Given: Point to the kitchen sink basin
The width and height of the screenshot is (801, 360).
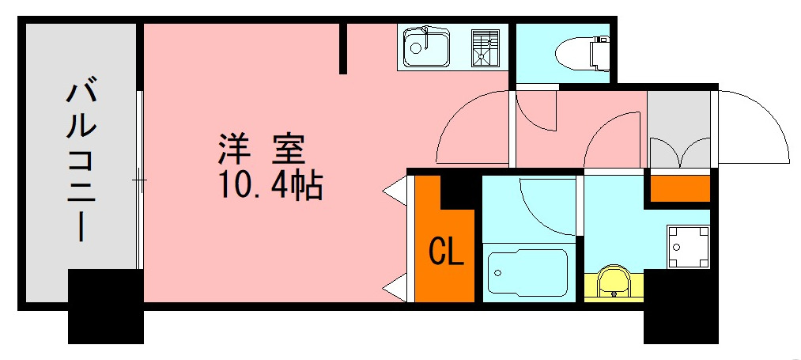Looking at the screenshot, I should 426,49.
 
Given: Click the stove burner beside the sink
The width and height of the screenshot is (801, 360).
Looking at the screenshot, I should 486,48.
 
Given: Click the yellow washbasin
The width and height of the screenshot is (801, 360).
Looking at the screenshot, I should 614,283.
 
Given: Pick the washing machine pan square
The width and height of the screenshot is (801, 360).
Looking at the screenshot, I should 687,247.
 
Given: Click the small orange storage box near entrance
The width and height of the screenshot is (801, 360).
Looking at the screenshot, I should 679,189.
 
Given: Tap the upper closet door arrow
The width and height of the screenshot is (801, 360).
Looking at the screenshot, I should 395,191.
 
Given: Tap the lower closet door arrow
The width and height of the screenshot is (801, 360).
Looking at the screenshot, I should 395,288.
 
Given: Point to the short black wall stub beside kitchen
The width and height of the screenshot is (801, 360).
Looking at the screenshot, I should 343,48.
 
